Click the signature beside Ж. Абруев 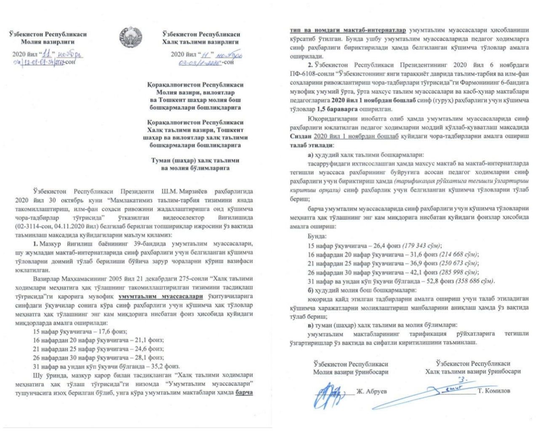(x=331, y=393)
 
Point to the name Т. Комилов (x=494, y=391)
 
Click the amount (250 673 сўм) (x=459, y=263)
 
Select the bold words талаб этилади (x=311, y=145)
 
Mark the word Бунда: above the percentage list (x=317, y=237)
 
